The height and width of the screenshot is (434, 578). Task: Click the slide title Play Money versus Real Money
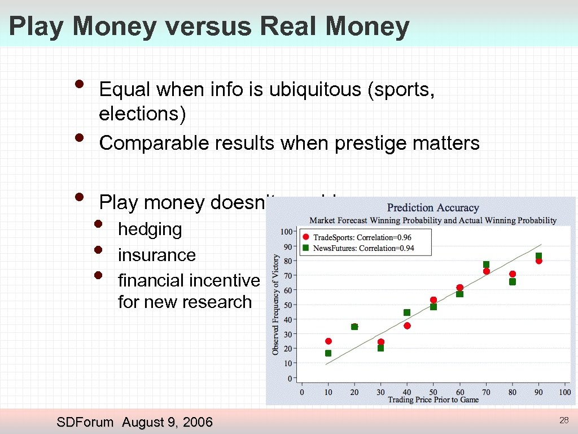click(x=209, y=27)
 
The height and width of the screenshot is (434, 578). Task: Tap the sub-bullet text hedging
click(x=150, y=229)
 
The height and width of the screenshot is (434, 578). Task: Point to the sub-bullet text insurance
click(x=156, y=255)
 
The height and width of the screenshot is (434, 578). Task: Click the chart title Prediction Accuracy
click(x=433, y=208)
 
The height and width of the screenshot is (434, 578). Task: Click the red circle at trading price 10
click(x=328, y=341)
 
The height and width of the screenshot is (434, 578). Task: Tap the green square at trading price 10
click(x=328, y=353)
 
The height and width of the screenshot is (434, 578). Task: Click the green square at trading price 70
click(x=486, y=264)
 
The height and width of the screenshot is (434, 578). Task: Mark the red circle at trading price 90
click(x=539, y=261)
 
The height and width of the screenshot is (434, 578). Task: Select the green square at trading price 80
click(x=513, y=281)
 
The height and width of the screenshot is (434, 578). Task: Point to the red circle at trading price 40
click(x=407, y=325)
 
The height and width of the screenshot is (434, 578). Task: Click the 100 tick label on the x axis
click(x=564, y=392)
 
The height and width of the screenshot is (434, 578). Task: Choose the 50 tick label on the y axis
click(x=288, y=305)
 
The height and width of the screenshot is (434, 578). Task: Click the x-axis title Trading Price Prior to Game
click(x=433, y=400)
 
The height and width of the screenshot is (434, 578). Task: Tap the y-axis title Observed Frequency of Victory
click(x=276, y=305)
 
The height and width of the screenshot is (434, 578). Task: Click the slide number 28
click(x=563, y=420)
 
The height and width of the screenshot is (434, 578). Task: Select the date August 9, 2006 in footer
click(x=167, y=422)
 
